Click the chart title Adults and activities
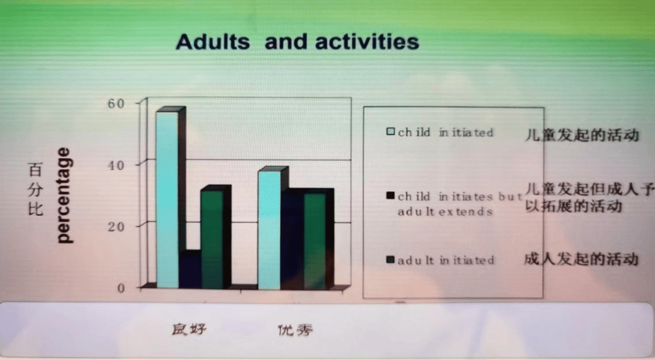[x=297, y=42]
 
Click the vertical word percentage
[x=63, y=195]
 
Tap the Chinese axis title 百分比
[x=35, y=190]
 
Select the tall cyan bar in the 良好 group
[x=167, y=200]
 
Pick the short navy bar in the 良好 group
[x=190, y=270]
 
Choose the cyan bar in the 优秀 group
[x=269, y=230]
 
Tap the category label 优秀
[x=295, y=330]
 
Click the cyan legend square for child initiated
[x=391, y=132]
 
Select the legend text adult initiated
[x=446, y=261]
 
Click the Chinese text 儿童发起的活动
[x=582, y=135]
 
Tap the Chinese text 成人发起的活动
[x=581, y=259]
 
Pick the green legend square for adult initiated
[x=391, y=261]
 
